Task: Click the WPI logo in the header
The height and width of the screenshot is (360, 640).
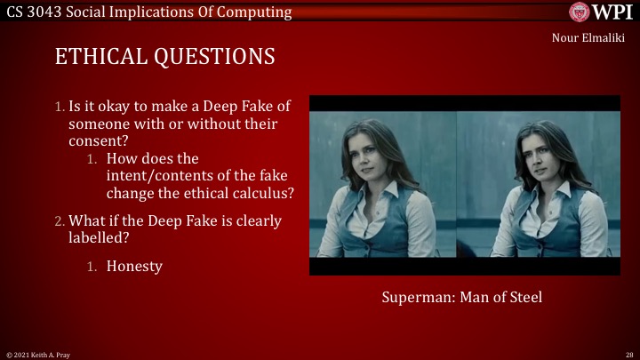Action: pos(601,12)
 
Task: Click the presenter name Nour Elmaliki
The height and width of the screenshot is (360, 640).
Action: pos(588,37)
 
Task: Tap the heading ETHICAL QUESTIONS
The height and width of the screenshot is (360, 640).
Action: pos(164,57)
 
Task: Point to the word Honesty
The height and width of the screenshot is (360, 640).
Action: pos(134,266)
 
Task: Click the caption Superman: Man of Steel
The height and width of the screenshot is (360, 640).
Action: pos(461,297)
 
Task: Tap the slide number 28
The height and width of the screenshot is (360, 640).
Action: pos(628,354)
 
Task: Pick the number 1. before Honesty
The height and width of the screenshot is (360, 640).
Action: pos(92,266)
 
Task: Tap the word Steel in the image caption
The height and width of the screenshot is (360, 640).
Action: pos(523,297)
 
